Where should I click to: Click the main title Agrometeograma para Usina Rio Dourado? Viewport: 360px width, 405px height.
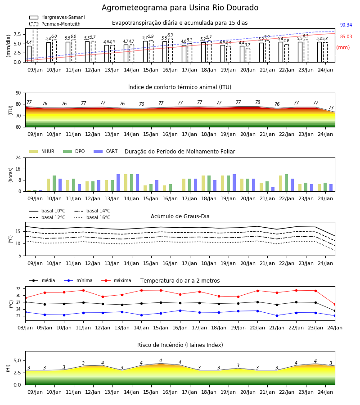point(180,8)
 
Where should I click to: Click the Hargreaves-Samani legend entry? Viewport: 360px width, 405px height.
point(57,17)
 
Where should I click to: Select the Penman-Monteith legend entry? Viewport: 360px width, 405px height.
point(55,24)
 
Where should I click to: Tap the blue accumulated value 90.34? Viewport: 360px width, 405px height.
point(346,25)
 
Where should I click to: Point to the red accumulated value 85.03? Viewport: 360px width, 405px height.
point(346,36)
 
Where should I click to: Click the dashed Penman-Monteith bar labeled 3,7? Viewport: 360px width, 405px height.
point(248,55)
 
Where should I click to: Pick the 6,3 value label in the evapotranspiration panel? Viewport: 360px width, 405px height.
point(170,35)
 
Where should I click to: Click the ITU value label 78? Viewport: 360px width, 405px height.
point(258,102)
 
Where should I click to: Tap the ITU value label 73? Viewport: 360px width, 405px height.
point(331,108)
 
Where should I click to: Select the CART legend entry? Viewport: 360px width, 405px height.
point(106,151)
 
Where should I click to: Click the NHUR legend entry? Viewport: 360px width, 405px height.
point(42,151)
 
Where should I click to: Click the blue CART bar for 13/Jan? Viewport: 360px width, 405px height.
point(118,183)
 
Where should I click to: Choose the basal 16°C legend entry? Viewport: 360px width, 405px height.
point(92,217)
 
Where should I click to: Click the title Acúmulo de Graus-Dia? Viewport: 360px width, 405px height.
point(180,216)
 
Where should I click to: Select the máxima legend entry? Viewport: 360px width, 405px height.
point(116,280)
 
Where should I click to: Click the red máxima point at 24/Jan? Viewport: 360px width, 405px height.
point(335,305)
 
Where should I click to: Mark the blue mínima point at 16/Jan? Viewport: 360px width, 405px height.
point(180,310)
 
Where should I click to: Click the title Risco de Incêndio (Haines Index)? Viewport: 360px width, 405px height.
point(180,345)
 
